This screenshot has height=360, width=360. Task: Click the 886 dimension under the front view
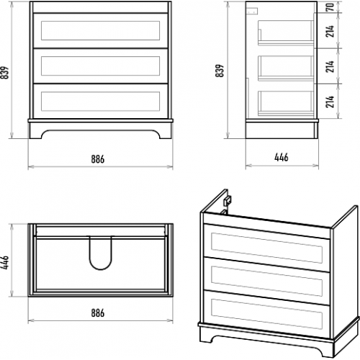point(98,159)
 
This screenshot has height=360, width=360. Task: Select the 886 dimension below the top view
point(98,313)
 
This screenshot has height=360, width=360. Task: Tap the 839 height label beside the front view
point(4,73)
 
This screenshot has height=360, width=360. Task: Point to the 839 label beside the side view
point(220,71)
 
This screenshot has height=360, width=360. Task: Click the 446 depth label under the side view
point(282,158)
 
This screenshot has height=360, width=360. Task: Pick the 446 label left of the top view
point(4,263)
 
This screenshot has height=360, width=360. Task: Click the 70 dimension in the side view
point(330,7)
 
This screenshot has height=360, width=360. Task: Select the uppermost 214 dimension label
point(330,31)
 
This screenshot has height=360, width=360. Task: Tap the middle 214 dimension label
point(330,66)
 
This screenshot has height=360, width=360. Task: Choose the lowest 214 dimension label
point(330,102)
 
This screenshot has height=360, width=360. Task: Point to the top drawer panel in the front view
point(101,30)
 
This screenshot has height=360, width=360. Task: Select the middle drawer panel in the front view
point(101,66)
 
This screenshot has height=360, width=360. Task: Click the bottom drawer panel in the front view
point(101,101)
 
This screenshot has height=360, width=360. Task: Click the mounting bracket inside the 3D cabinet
point(228,200)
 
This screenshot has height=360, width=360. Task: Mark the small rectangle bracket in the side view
point(252,11)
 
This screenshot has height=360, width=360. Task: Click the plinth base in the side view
point(282,129)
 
